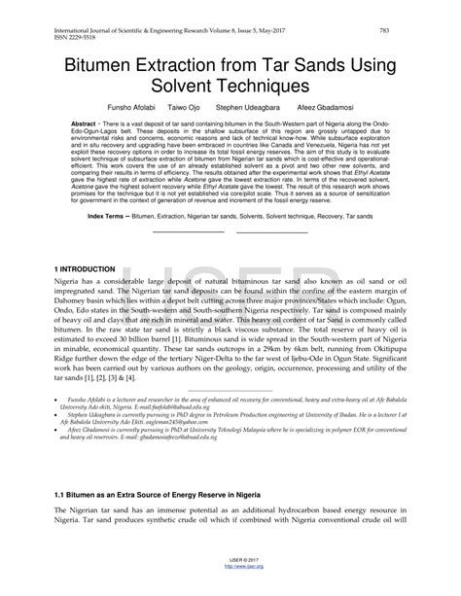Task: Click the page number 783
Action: point(385,30)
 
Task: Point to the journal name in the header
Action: point(146,30)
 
